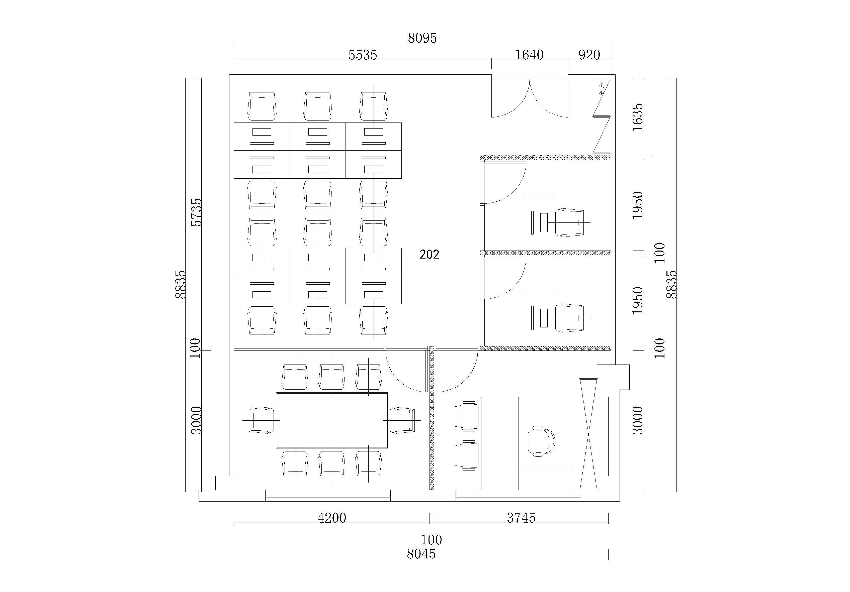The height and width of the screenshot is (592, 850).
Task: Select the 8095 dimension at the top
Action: [422, 38]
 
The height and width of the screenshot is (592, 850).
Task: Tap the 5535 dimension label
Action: [363, 55]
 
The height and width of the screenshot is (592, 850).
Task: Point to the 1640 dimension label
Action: [529, 55]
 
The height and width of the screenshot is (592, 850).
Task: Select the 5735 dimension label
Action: [197, 212]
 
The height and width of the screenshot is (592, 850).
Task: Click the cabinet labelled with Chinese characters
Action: [601, 97]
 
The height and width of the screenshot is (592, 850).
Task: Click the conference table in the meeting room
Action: [332, 420]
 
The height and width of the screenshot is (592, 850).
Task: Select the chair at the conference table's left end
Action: [261, 420]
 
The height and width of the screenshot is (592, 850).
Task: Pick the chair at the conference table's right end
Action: [402, 420]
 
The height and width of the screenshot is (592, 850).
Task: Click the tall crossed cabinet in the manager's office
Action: [588, 434]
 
